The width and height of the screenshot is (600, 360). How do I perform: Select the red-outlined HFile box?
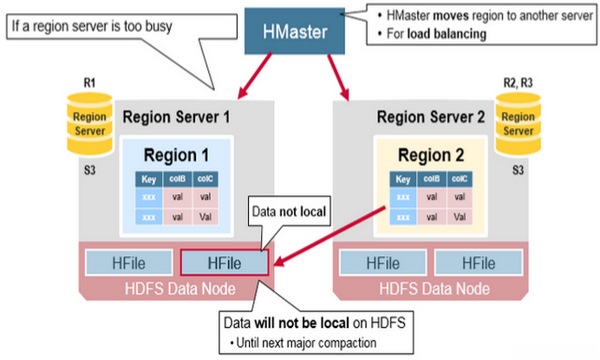(x=225, y=262)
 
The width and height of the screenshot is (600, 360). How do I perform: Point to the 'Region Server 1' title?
(x=176, y=116)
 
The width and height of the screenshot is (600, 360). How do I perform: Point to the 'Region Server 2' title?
(x=430, y=116)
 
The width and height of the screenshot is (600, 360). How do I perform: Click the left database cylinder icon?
(x=88, y=121)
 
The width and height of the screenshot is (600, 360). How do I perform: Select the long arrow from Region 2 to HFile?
(x=329, y=232)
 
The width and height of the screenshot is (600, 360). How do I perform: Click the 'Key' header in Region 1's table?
(x=148, y=180)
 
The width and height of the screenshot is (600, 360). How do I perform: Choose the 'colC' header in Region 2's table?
(x=460, y=180)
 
